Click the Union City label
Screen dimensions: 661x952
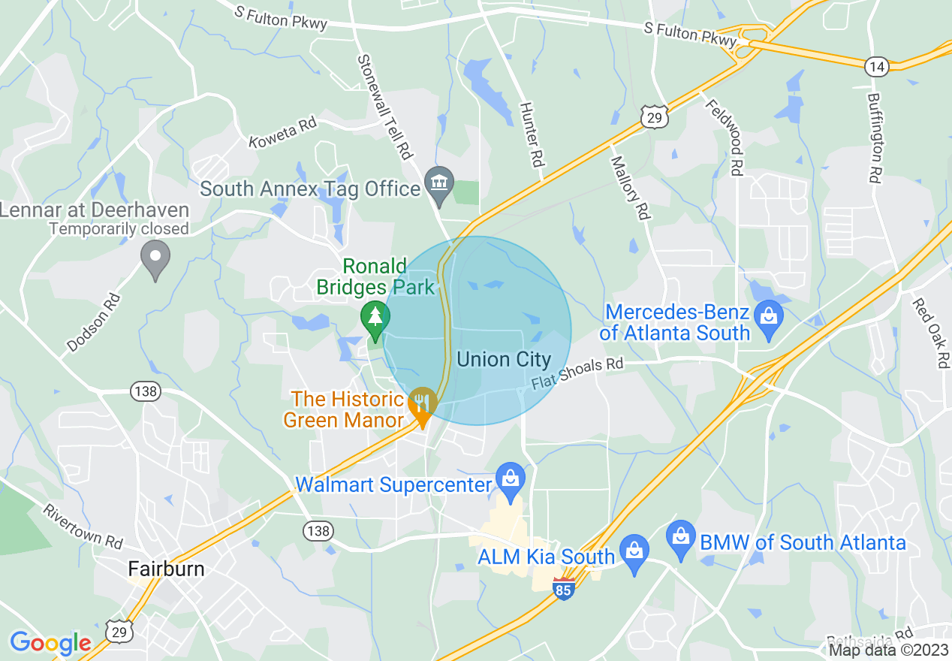pos(504,360)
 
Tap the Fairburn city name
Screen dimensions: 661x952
pos(166,569)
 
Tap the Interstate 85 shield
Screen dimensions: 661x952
pos(563,588)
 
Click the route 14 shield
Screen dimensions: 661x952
pos(876,66)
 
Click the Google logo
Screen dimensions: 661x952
pos(50,643)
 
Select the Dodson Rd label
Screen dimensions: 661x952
pos(93,322)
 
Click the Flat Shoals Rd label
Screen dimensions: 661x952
pos(577,373)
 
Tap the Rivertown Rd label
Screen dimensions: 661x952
pos(82,526)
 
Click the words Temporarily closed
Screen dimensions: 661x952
pos(119,228)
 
